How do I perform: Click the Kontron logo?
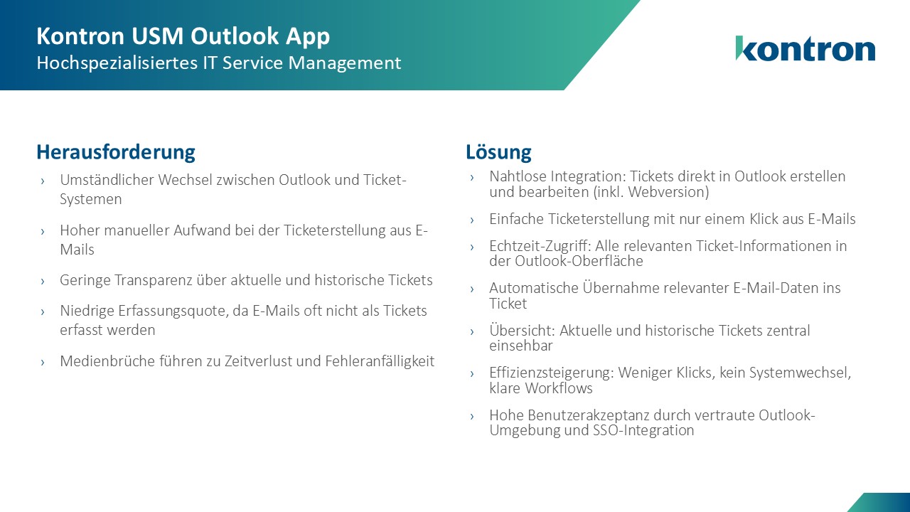(x=805, y=48)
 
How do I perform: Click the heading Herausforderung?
(x=115, y=151)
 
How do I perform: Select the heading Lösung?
(x=498, y=151)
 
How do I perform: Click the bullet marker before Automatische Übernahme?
(x=472, y=289)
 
